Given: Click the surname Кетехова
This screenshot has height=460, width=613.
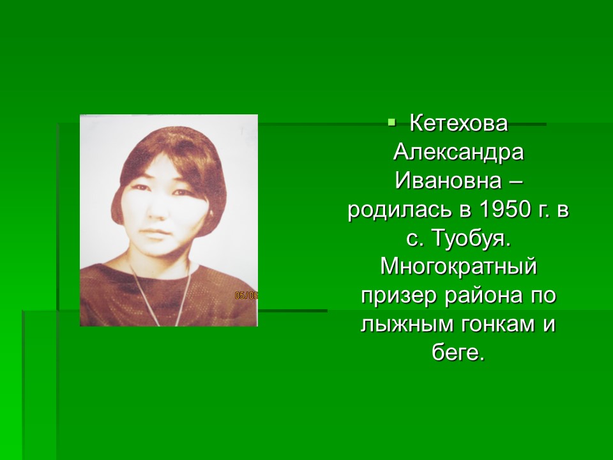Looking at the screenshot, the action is [x=458, y=123].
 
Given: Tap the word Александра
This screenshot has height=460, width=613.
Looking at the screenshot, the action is [x=458, y=152].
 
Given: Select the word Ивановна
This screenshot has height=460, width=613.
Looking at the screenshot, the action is [x=448, y=181].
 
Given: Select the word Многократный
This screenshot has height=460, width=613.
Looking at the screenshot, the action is [x=458, y=268].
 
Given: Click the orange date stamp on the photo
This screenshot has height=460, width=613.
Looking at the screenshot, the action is [x=246, y=296].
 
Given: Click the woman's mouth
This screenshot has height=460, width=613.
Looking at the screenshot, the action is [x=156, y=234].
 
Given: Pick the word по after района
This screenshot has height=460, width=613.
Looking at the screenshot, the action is [x=543, y=296].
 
